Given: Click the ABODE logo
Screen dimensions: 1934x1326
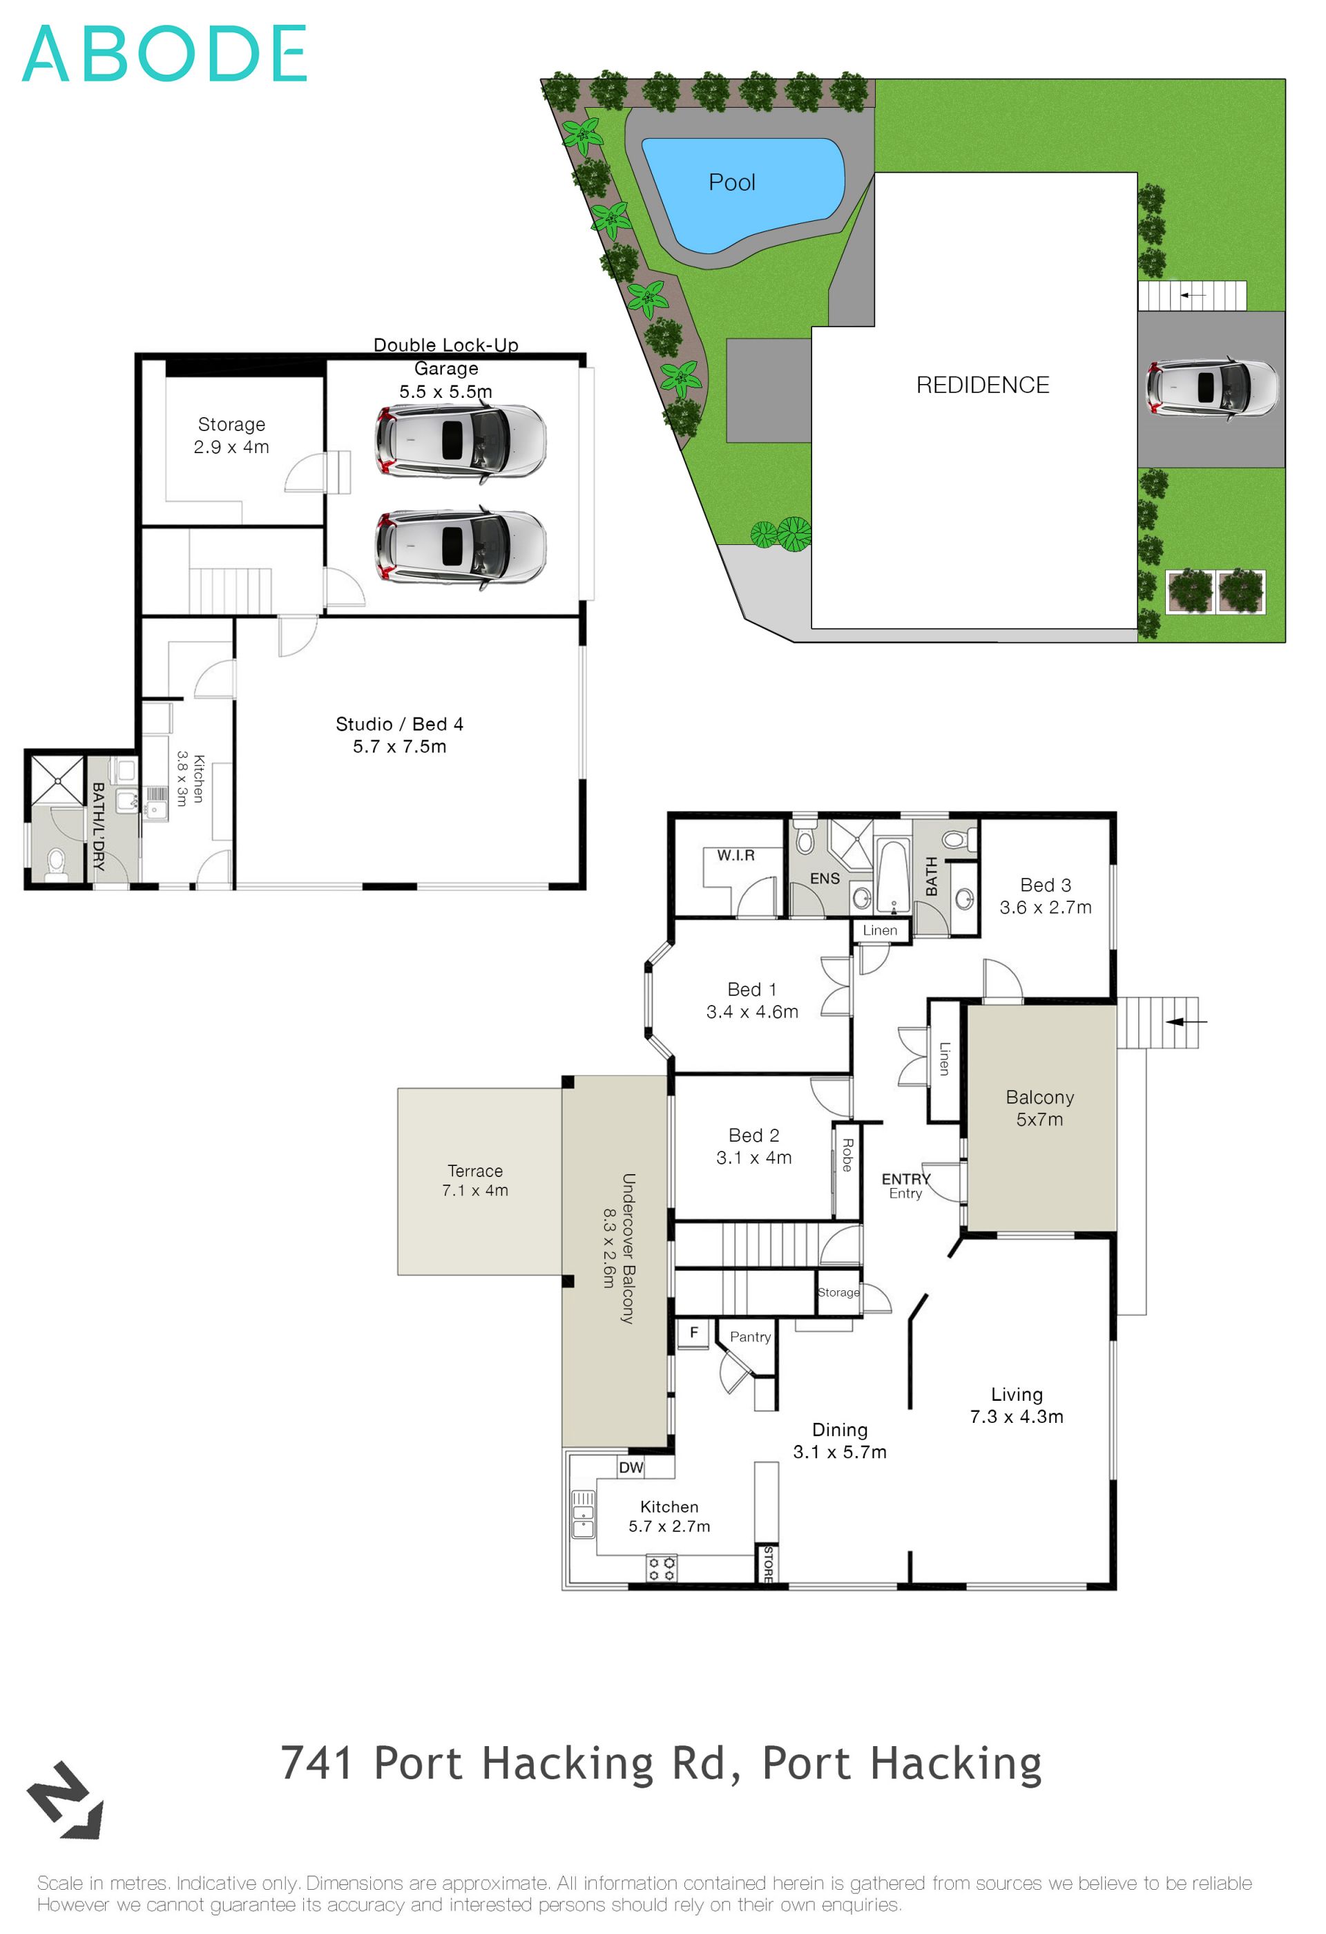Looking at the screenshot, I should click(164, 53).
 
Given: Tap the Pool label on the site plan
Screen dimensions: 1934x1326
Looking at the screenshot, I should click(731, 182).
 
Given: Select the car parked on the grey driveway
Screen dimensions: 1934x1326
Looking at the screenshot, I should click(1211, 387).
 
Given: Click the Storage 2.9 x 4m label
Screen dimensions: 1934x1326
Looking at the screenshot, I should click(231, 435).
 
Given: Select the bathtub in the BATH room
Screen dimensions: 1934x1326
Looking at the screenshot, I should click(892, 877).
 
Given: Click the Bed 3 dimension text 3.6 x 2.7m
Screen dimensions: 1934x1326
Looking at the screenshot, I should click(1045, 907).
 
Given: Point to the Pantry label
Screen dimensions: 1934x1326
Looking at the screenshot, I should click(749, 1337).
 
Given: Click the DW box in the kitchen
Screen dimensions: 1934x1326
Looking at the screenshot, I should click(631, 1466).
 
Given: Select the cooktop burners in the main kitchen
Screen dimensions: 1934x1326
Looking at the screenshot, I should click(662, 1569).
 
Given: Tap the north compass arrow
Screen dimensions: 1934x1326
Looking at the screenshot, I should click(66, 1801).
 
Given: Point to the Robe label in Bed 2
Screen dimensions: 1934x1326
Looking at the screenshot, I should click(847, 1154).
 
